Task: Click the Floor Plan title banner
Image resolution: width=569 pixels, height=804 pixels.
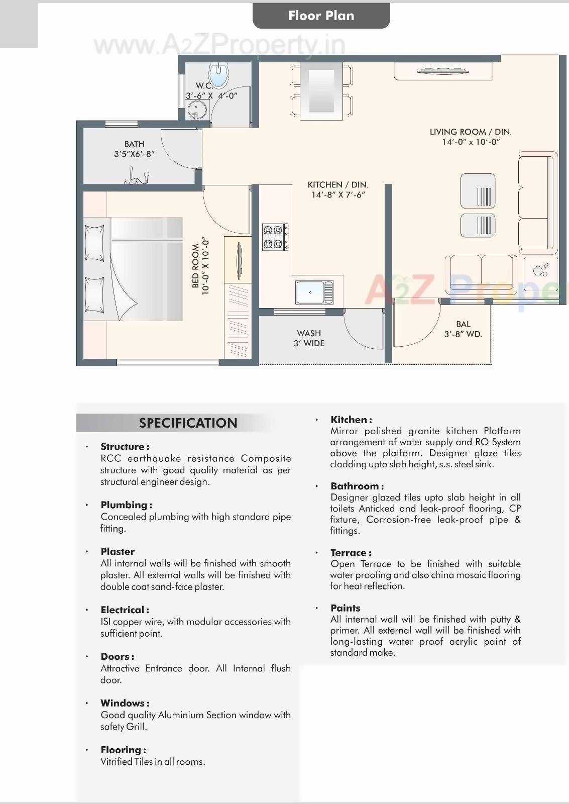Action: (321, 16)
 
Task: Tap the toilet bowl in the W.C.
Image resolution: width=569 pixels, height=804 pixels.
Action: (218, 75)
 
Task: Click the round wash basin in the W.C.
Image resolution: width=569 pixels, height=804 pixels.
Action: (196, 109)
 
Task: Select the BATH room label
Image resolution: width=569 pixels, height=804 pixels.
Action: (134, 144)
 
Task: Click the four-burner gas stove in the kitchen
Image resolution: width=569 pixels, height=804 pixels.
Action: (275, 237)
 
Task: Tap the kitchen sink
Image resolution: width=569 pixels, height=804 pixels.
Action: (314, 292)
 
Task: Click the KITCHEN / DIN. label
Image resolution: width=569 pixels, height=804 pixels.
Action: (338, 185)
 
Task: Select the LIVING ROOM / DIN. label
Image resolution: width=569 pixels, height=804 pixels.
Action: (471, 132)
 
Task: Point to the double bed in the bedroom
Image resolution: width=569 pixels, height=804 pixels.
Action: (133, 269)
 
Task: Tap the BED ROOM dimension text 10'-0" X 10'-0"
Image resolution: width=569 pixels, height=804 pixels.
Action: (205, 266)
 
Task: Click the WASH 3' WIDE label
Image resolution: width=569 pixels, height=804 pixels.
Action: (309, 338)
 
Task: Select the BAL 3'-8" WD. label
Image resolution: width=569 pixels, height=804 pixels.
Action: (463, 329)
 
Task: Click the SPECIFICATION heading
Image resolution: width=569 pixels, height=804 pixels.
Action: (188, 423)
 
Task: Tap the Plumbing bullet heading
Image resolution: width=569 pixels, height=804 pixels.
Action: (126, 505)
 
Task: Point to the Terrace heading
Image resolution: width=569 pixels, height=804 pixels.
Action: (351, 553)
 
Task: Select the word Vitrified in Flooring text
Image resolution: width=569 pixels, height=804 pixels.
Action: (117, 762)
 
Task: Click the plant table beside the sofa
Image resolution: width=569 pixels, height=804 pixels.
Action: (541, 271)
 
